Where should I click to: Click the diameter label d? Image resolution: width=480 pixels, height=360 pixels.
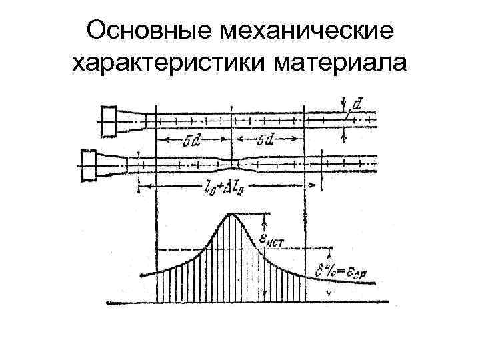pyautogui.click(x=358, y=105)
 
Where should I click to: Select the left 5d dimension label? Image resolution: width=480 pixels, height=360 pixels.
pyautogui.click(x=192, y=141)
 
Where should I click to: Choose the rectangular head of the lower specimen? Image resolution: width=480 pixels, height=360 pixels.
pyautogui.click(x=89, y=163)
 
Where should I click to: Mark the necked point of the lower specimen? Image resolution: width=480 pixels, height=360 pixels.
pyautogui.click(x=231, y=162)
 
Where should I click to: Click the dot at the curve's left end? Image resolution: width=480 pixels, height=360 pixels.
pyautogui.click(x=141, y=275)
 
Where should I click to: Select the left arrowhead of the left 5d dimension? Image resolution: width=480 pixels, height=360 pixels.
pyautogui.click(x=160, y=141)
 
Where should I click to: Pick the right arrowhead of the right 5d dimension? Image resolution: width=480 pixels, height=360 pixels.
pyautogui.click(x=301, y=141)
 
